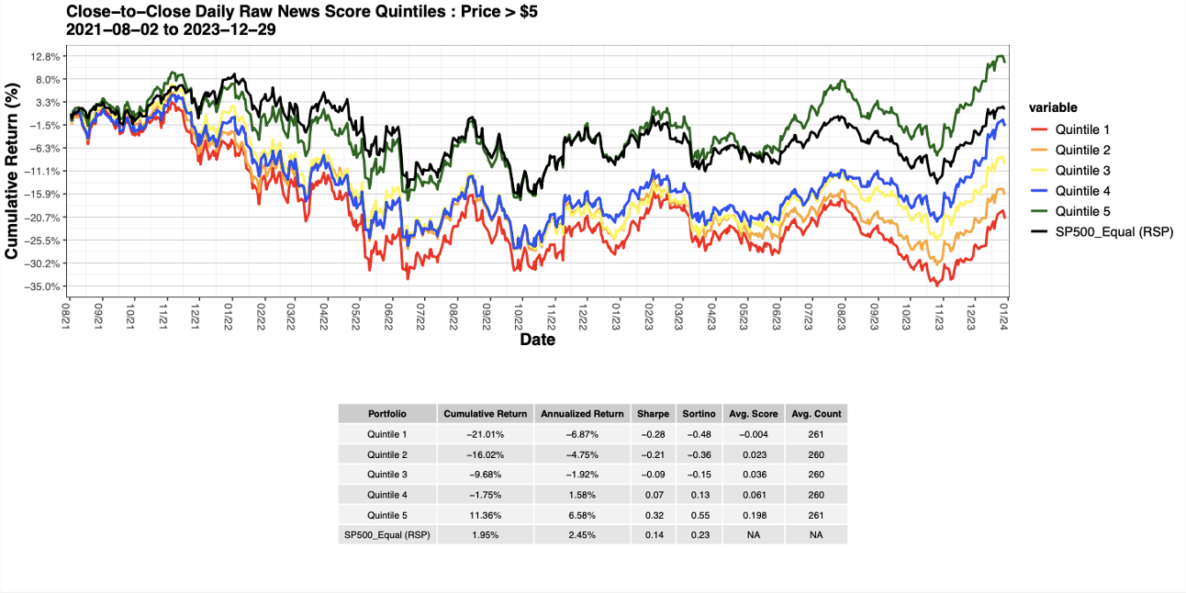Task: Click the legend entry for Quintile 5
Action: coord(1082,211)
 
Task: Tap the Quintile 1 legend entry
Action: coord(1082,129)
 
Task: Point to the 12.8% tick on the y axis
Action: coord(46,56)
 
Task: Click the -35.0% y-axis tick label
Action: coord(44,286)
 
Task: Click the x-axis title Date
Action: coord(537,340)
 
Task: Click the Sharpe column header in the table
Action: coord(653,414)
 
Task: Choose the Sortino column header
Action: coord(699,414)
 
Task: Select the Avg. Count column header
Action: coord(816,414)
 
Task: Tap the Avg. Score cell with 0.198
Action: coord(753,515)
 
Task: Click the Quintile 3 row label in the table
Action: coord(386,475)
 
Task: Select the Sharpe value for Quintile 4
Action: coord(653,495)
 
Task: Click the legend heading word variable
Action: coord(1053,107)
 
